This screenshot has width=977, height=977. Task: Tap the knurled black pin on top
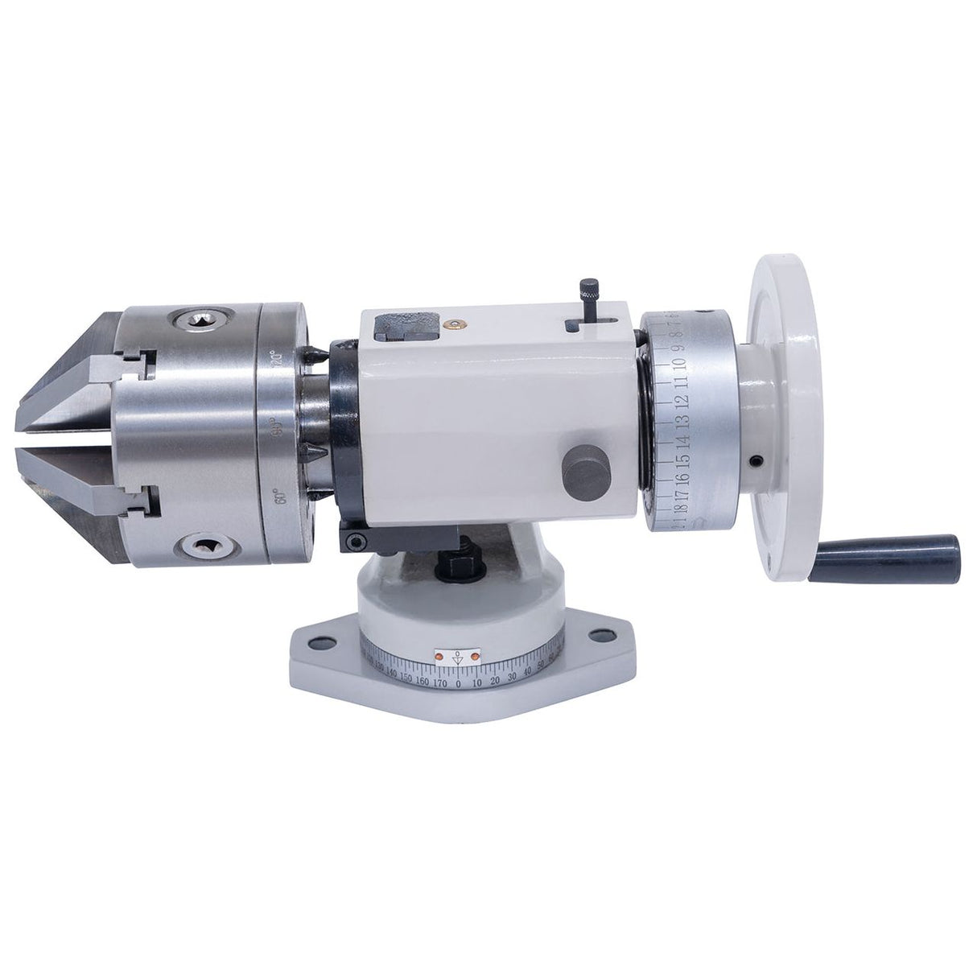pyautogui.click(x=590, y=291)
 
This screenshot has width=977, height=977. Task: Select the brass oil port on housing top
pyautogui.click(x=456, y=324)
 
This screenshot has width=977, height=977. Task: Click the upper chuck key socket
pyautogui.click(x=196, y=321)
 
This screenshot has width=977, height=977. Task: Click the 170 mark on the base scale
pyautogui.click(x=439, y=683)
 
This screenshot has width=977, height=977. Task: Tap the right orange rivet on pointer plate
pyautogui.click(x=476, y=658)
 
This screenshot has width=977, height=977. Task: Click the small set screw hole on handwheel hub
pyautogui.click(x=757, y=462)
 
